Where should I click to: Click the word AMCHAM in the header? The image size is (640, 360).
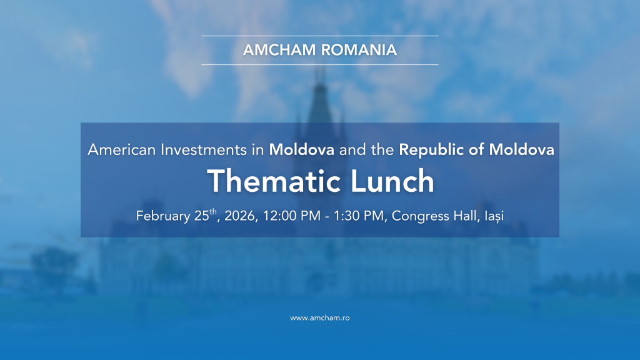tap(279, 50)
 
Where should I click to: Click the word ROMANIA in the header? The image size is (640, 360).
tap(359, 50)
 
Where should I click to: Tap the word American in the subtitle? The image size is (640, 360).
tap(122, 150)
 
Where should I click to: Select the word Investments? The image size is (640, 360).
tap(204, 150)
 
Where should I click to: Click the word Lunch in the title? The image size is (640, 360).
tap(392, 181)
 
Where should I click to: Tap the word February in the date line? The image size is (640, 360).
tap(163, 216)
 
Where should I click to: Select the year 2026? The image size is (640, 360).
tap(241, 216)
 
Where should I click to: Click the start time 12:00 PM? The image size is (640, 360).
tap(291, 216)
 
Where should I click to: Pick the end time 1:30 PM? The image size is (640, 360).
tap(359, 216)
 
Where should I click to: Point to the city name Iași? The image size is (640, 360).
tap(494, 216)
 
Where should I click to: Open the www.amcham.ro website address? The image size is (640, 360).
tap(320, 318)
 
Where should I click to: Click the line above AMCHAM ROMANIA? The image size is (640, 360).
tap(320, 36)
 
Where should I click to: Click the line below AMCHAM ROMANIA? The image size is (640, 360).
tap(320, 64)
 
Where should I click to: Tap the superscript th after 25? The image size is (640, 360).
tap(213, 211)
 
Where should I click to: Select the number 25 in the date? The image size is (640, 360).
tap(202, 216)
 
